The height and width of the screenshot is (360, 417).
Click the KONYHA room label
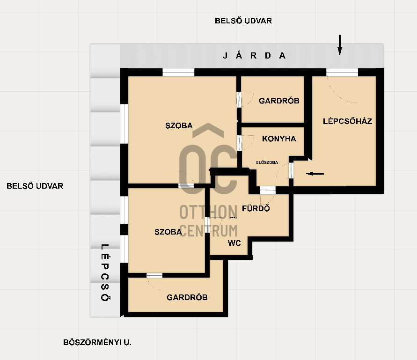click(x=279, y=139)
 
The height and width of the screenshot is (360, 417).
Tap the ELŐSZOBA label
click(x=267, y=162)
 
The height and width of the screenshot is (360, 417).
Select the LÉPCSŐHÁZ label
click(x=347, y=121)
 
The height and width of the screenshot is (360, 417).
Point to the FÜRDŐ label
click(x=256, y=208)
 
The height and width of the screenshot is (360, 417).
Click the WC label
click(x=234, y=243)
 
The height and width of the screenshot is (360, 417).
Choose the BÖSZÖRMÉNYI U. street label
click(x=97, y=342)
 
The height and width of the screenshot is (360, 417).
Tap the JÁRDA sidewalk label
click(x=254, y=56)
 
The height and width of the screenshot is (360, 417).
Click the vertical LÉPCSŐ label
click(x=105, y=272)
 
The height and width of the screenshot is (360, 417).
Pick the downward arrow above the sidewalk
click(x=340, y=44)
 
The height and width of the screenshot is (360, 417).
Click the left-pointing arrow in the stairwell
click(x=315, y=174)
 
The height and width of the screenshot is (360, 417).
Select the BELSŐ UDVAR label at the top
click(x=243, y=21)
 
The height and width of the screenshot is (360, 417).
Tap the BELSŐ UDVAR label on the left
click(x=35, y=186)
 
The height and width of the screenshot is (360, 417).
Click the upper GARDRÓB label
click(x=279, y=101)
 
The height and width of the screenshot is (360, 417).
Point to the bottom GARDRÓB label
click(x=187, y=297)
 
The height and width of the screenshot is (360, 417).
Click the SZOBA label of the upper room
click(x=179, y=125)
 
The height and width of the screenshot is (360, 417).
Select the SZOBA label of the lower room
click(x=168, y=232)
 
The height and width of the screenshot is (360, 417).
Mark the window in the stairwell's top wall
click(x=342, y=73)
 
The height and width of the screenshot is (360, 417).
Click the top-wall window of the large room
click(x=178, y=73)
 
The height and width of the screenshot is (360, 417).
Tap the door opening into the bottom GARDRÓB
click(x=154, y=275)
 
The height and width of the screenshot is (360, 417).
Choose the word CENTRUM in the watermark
click(x=209, y=231)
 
